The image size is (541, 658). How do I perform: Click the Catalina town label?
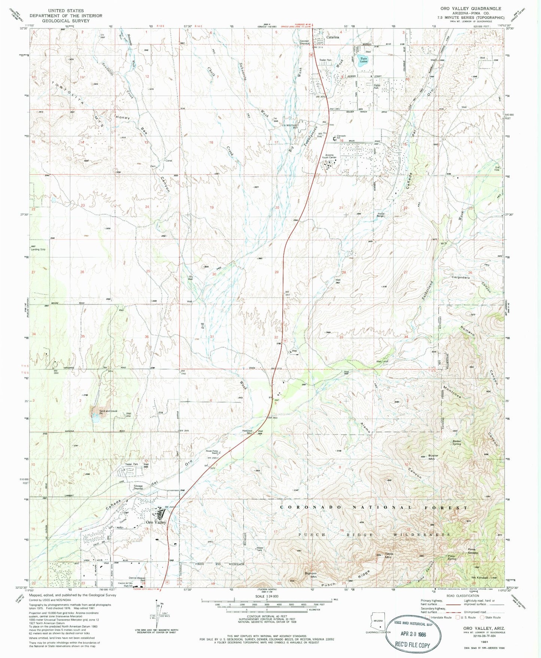332,37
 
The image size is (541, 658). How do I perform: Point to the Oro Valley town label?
156,522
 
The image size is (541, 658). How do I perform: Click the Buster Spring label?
456,442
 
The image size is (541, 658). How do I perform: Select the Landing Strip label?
38,249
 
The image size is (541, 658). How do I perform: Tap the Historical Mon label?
247,431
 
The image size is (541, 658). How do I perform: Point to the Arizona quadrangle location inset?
378,623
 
